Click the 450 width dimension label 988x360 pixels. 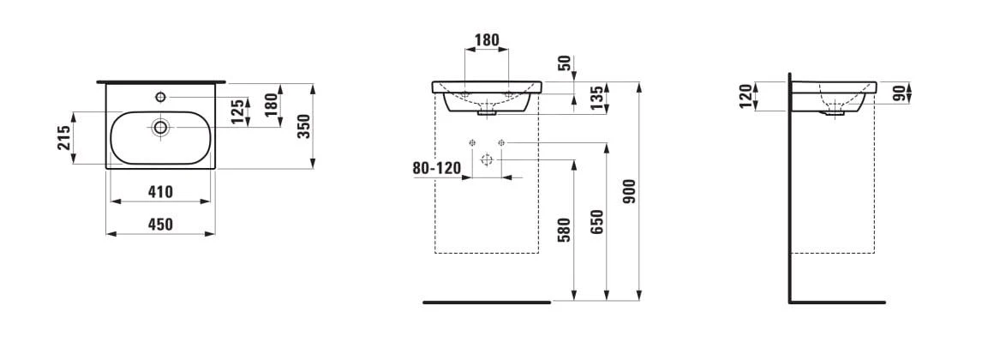click(161, 225)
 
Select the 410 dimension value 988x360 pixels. click(161, 192)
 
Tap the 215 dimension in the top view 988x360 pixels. click(64, 138)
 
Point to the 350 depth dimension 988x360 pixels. click(303, 127)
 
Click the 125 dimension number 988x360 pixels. click(237, 111)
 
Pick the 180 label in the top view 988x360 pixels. click(270, 105)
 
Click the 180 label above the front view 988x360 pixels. click(487, 40)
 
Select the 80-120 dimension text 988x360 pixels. click(437, 168)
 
